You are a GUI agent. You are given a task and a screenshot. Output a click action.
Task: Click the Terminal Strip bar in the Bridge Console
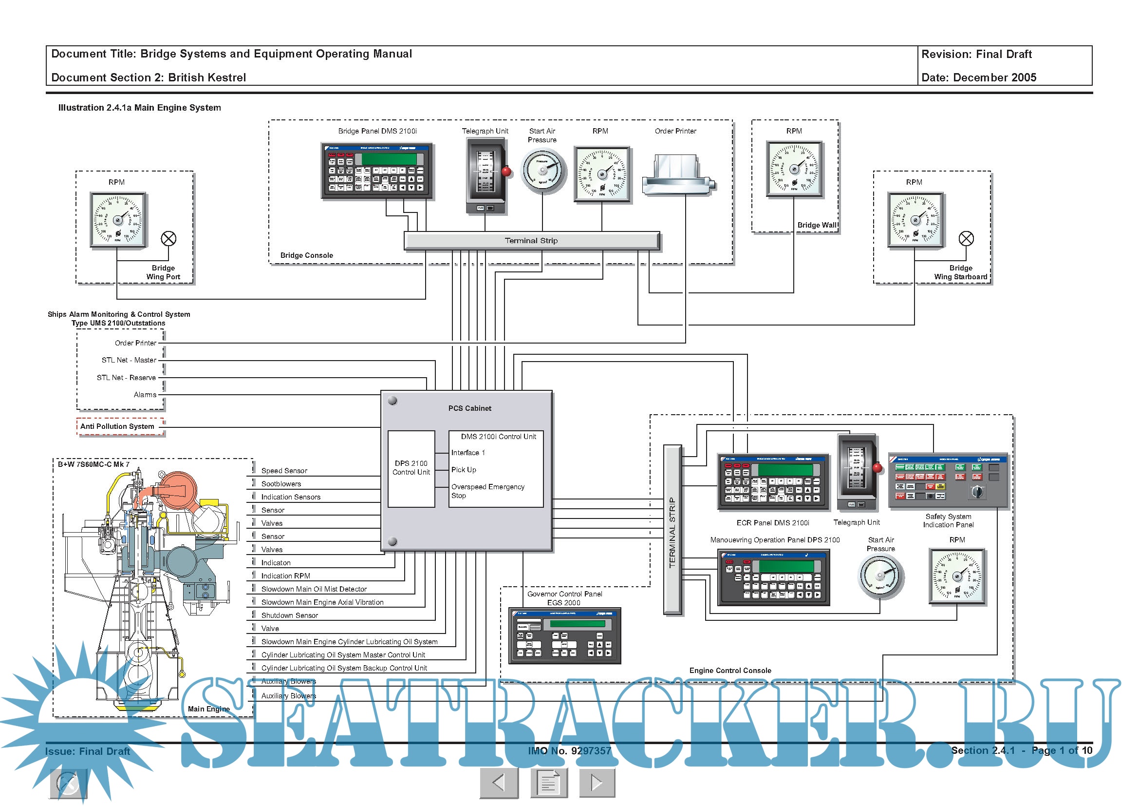point(531,241)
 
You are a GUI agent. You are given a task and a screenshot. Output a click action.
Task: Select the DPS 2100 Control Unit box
point(411,468)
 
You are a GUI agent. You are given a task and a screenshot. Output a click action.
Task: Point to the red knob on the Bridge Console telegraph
point(506,172)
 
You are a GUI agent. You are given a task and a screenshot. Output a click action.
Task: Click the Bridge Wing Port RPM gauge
point(117,219)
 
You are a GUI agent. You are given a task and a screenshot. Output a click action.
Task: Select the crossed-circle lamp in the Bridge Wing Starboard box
point(966,239)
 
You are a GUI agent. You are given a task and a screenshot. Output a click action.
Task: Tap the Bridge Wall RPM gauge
point(794,169)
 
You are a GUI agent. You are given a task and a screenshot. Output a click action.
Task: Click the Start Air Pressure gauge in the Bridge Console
point(543,171)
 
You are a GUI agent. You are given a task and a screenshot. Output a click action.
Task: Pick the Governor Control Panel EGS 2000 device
point(564,635)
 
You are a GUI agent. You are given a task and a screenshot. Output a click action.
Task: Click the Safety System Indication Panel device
point(948,480)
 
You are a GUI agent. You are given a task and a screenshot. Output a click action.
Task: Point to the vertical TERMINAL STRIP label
point(672,532)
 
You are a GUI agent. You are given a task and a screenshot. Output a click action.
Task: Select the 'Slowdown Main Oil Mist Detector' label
point(314,589)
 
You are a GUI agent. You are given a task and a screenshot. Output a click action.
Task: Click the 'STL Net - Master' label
point(129,360)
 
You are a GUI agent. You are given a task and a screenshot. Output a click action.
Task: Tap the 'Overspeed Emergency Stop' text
point(487,491)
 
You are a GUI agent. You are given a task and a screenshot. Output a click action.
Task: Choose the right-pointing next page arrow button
point(597,783)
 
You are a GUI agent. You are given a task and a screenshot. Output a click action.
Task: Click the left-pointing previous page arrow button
point(499,783)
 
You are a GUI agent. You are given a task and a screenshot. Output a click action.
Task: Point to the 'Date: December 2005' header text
point(978,77)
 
